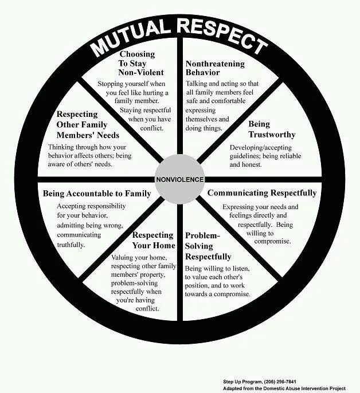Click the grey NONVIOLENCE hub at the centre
click(179, 179)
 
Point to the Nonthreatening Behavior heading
click(215, 68)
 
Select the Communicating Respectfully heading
click(262, 193)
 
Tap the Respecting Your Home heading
click(152, 241)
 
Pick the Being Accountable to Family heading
click(97, 194)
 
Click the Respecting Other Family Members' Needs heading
click(88, 124)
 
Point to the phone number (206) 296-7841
click(286, 381)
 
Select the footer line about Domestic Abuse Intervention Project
click(284, 388)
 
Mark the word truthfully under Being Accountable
click(71, 245)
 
